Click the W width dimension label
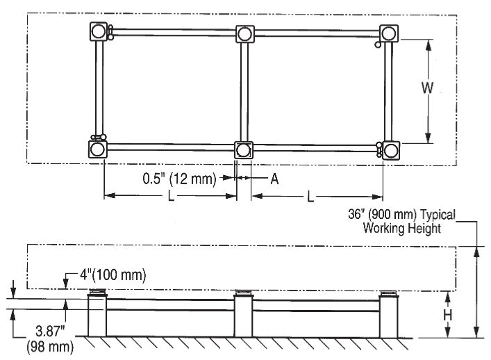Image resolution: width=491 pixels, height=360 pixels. coord(427,88)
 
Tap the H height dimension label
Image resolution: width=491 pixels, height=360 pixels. coord(448,316)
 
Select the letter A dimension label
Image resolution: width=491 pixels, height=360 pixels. coord(274,179)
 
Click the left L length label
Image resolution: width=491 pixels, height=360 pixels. coord(171,196)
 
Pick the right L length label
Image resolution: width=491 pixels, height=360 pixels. coord(310,197)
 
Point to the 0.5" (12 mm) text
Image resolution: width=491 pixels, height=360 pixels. coord(180,179)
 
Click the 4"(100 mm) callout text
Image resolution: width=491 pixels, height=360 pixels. coord(113,275)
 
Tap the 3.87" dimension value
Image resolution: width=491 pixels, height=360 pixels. coord(50,331)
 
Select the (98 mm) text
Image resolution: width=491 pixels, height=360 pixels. coord(50,347)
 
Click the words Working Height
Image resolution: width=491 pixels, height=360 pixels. coord(402,228)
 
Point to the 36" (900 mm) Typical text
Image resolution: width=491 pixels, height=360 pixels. coord(401,215)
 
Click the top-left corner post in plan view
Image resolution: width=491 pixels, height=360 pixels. coord(99,31)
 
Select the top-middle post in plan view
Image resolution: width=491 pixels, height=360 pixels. coord(245,34)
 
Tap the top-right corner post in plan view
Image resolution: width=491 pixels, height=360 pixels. coord(389,33)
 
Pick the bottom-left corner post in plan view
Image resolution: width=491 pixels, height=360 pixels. coord(97,149)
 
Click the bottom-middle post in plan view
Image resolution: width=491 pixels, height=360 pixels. coord(243,150)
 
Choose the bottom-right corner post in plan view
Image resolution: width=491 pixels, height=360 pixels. coord(391,151)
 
